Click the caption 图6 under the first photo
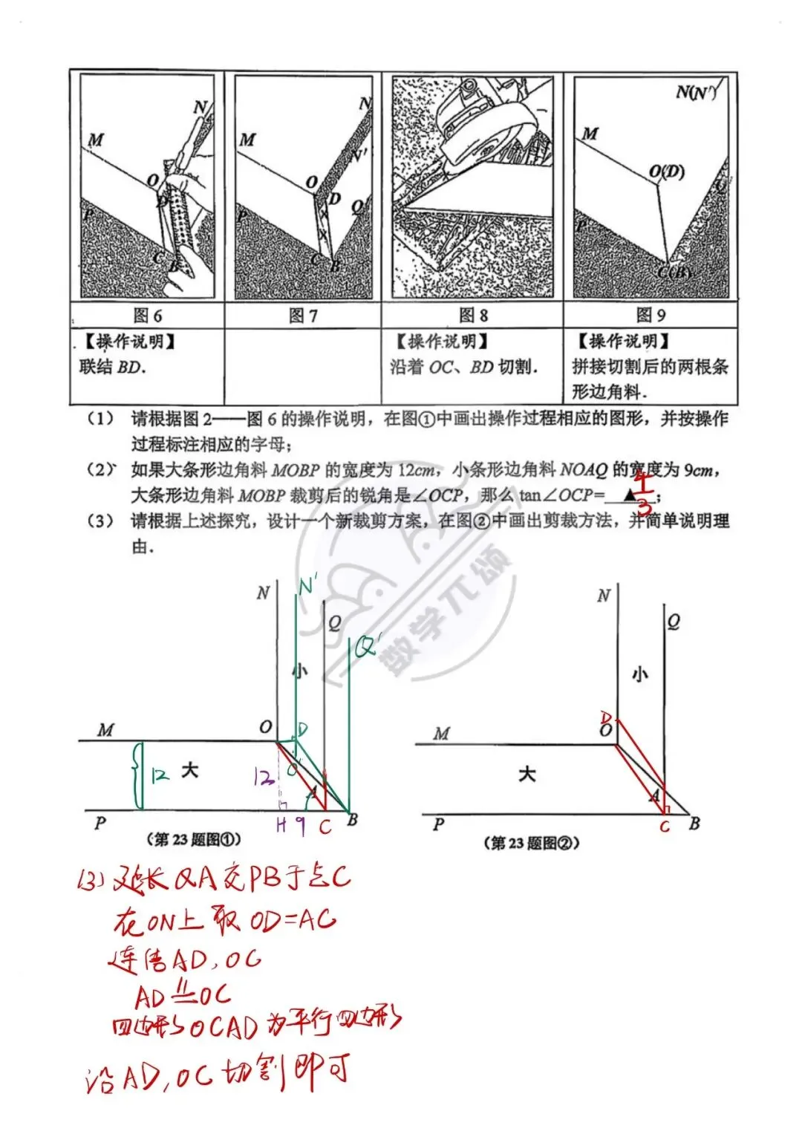tap(147, 316)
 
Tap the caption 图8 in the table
tap(473, 316)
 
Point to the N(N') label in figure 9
tap(696, 93)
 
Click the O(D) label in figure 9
tap(666, 172)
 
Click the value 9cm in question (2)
tap(699, 470)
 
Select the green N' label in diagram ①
tap(307, 587)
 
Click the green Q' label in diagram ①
tap(367, 646)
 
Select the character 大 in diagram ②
tap(526, 775)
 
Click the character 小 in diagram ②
tap(639, 674)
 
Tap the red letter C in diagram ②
tap(665, 827)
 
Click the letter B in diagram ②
tap(694, 824)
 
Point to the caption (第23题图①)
tap(194, 840)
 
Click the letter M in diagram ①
tap(106, 730)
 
